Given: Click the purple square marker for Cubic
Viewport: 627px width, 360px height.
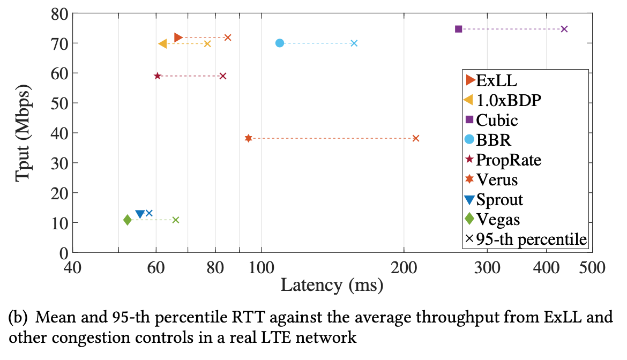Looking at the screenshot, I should [458, 29].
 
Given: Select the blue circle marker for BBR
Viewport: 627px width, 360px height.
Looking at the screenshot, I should [280, 43].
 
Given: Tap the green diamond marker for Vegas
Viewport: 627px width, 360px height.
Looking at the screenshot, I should [128, 220].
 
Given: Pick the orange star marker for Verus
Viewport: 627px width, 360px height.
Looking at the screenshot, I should [248, 138].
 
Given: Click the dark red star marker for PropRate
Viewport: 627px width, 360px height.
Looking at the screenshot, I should [158, 76].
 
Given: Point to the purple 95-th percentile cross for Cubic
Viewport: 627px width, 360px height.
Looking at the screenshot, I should [564, 29].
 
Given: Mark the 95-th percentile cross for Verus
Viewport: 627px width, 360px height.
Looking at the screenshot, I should [416, 138].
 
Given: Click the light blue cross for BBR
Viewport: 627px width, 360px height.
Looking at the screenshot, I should [354, 43].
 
